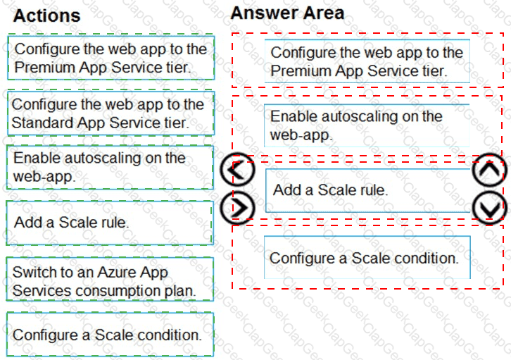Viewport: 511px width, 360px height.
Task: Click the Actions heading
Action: pos(46,15)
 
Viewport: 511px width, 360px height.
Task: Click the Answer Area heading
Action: pos(287,13)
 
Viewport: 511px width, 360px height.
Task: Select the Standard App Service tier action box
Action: pos(111,113)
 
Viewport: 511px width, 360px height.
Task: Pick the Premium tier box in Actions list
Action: pos(111,58)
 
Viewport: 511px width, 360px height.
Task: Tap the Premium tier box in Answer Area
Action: pos(367,61)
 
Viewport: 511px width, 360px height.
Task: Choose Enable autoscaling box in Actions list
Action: pos(110,167)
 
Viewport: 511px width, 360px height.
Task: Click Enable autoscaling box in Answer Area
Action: pos(367,125)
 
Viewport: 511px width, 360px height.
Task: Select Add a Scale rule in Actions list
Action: pos(110,223)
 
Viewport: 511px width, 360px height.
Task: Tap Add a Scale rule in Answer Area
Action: pos(368,190)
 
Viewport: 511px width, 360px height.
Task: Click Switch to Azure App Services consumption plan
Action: pos(110,279)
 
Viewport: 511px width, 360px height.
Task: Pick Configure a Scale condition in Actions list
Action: pos(110,334)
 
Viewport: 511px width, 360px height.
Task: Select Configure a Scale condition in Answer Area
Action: pos(367,258)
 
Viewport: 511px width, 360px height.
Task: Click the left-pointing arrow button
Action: pos(237,170)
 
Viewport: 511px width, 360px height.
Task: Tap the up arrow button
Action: pos(490,170)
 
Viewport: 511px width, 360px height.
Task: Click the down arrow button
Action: pos(490,208)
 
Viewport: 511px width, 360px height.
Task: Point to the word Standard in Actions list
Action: pos(43,123)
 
